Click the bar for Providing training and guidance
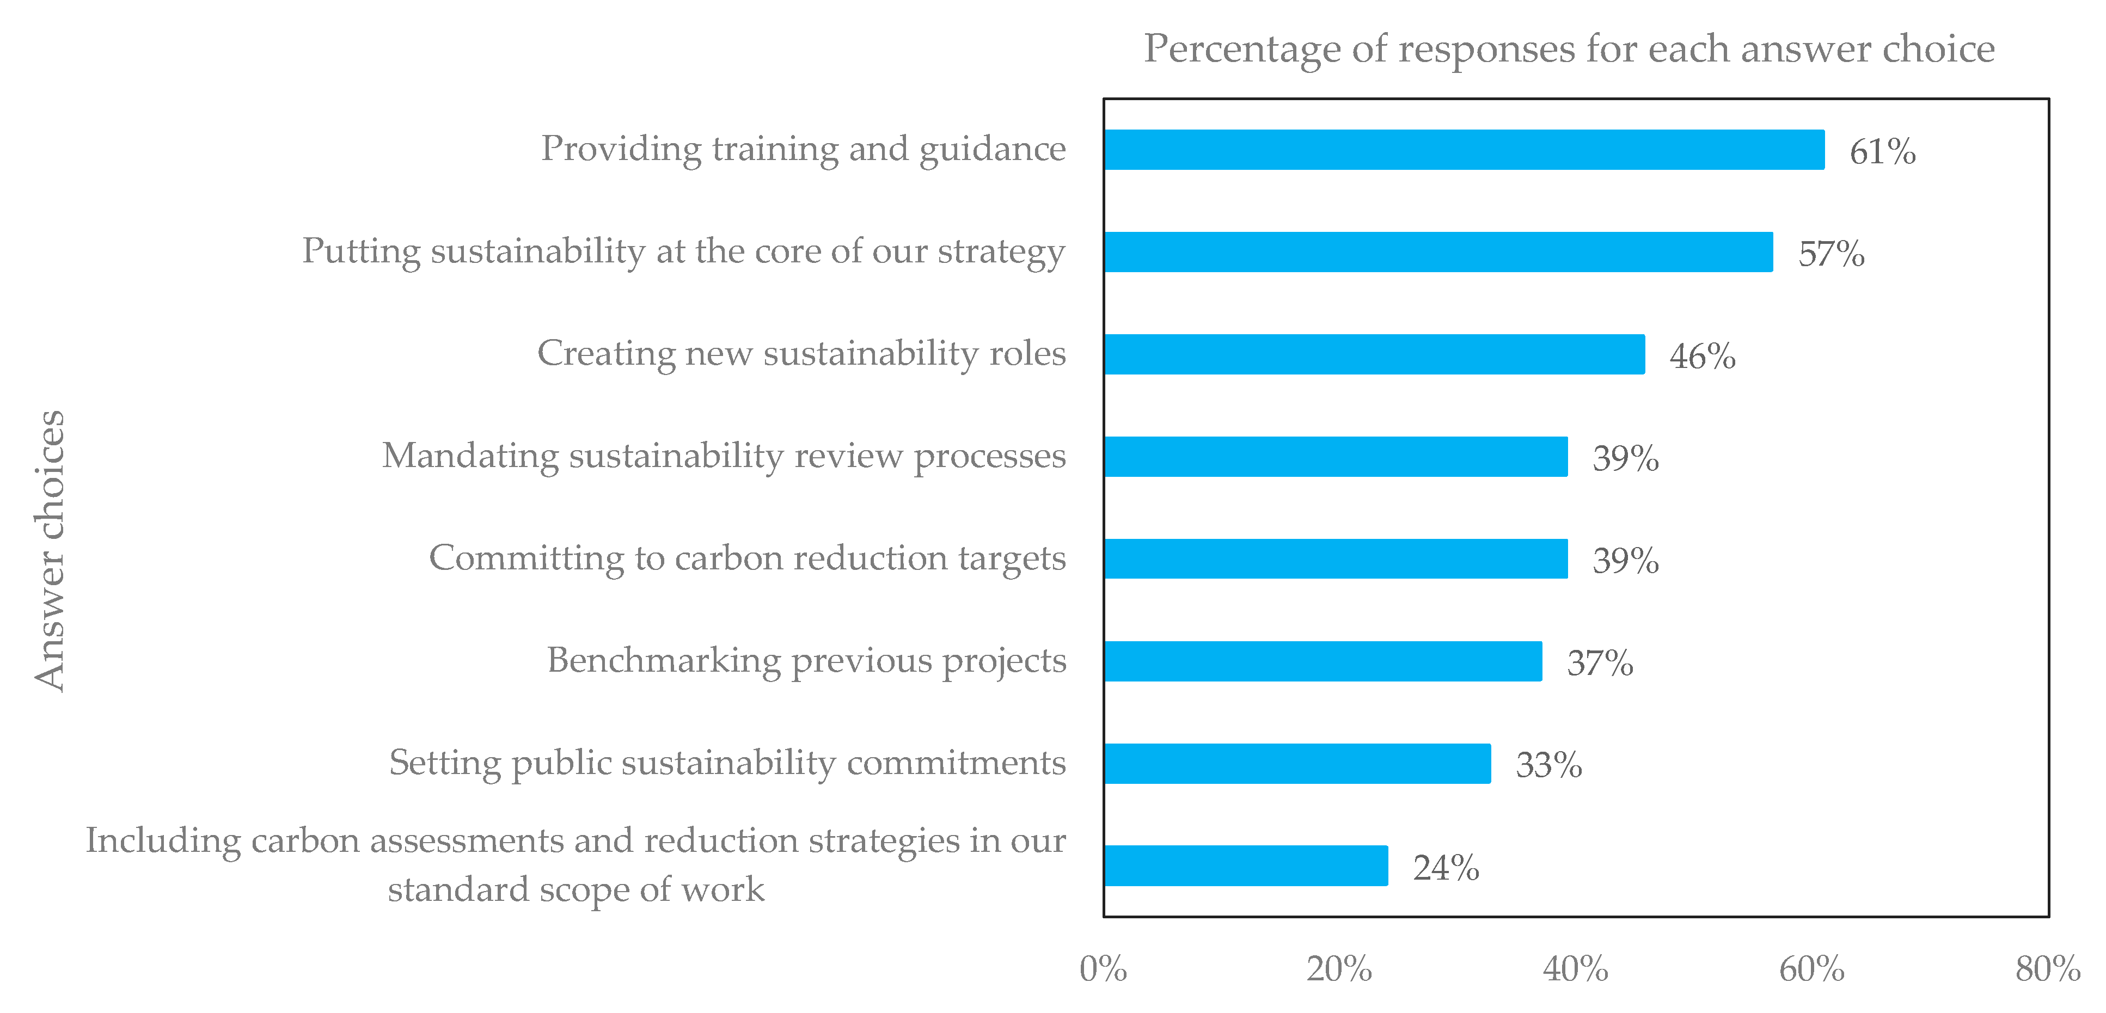(x=1464, y=150)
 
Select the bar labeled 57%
(x=1437, y=252)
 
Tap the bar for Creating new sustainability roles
(x=1374, y=354)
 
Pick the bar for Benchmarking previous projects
(x=1322, y=661)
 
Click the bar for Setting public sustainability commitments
(x=1296, y=763)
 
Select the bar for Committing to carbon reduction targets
(x=1335, y=558)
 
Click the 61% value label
(x=1882, y=152)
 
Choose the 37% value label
(x=1599, y=663)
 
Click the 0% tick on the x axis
(x=1103, y=969)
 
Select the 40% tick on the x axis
(x=1575, y=969)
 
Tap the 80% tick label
(x=2047, y=969)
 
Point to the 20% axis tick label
(x=1339, y=969)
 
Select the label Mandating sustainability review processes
(x=724, y=456)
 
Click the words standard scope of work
(x=576, y=889)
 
